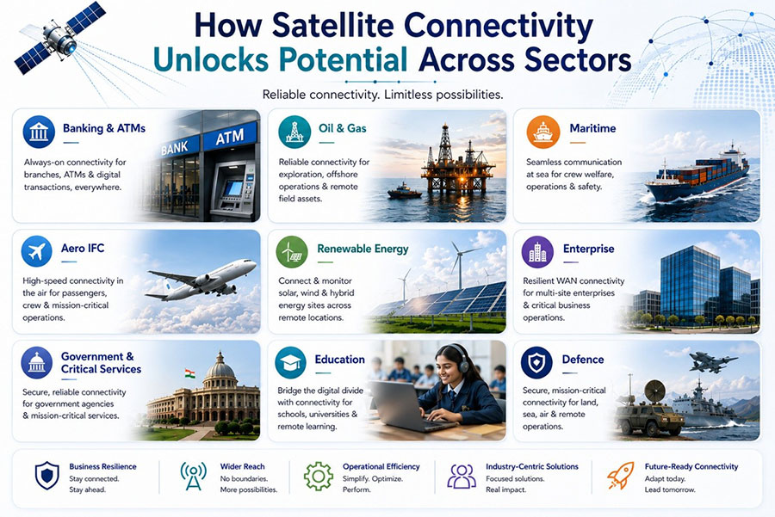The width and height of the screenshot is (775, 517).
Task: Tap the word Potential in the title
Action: click(x=343, y=60)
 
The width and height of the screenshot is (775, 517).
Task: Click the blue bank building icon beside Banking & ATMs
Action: click(x=39, y=132)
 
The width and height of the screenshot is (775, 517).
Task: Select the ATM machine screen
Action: click(x=233, y=188)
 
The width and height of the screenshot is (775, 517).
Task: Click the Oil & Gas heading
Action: click(x=343, y=128)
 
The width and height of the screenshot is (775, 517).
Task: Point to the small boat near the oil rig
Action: click(x=404, y=191)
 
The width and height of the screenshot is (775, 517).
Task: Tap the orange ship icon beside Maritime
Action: click(x=543, y=132)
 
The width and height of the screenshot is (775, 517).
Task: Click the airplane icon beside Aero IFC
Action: click(x=36, y=251)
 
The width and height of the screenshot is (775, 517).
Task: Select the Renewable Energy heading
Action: click(x=363, y=249)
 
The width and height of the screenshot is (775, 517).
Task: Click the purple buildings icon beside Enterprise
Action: click(x=537, y=252)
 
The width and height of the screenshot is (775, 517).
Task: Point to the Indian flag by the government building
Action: click(x=190, y=373)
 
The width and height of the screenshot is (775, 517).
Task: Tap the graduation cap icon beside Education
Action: click(x=291, y=362)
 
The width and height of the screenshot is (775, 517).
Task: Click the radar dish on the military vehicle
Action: click(x=655, y=391)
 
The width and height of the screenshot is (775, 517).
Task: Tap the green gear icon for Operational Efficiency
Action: click(x=319, y=476)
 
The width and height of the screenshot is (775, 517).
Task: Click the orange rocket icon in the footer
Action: click(x=620, y=476)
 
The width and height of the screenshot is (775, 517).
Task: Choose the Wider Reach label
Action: click(x=242, y=466)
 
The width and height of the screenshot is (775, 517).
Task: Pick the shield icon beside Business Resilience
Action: click(x=47, y=476)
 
